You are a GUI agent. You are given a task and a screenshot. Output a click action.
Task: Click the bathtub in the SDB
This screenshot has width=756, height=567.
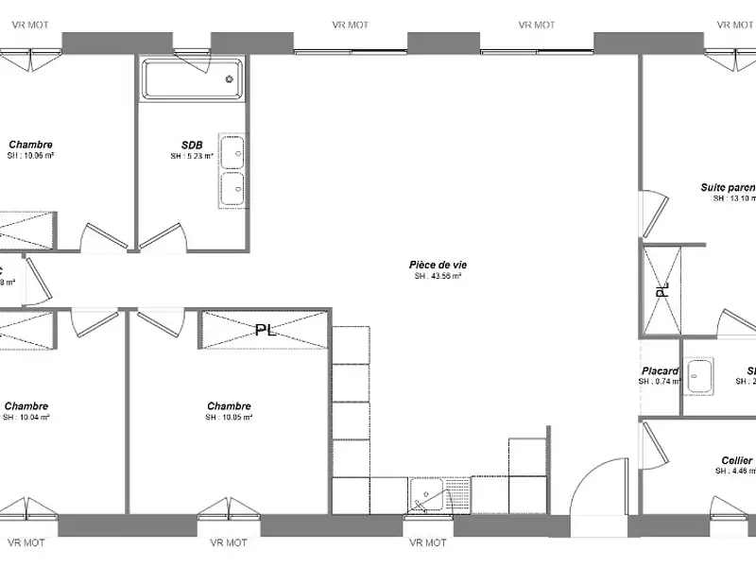(192, 78)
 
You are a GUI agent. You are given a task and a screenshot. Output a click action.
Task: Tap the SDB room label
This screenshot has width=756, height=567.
(193, 145)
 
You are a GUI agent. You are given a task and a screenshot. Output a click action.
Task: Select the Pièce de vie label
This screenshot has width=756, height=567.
(438, 266)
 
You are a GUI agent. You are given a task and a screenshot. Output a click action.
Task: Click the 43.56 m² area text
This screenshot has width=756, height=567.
(438, 277)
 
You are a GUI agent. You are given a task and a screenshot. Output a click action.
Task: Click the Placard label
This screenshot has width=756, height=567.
(660, 371)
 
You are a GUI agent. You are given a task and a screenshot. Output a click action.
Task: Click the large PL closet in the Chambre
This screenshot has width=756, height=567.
(266, 330)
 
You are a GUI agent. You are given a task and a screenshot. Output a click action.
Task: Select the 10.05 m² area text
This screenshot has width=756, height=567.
(229, 417)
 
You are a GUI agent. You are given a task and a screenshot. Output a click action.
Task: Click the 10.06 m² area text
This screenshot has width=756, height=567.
(31, 156)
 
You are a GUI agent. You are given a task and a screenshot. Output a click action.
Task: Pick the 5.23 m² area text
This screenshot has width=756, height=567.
(193, 156)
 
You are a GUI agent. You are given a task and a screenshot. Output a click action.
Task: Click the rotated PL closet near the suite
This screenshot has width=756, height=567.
(662, 288)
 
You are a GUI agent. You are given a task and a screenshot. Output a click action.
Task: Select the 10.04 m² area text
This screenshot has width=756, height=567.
(26, 417)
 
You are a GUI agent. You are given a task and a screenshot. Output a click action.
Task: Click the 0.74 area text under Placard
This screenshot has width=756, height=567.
(659, 382)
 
